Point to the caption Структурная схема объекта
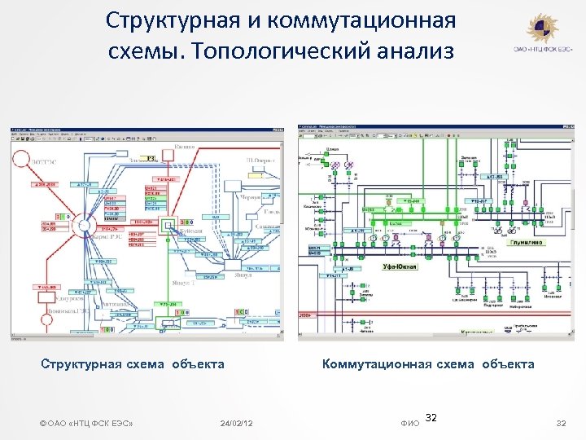[133, 364]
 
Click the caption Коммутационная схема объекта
[428, 364]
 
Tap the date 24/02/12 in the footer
[236, 423]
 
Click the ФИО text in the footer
[410, 423]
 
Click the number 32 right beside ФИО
[432, 417]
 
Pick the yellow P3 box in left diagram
[149, 159]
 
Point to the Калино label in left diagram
[185, 147]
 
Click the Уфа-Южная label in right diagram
[400, 266]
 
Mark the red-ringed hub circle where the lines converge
[85, 222]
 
